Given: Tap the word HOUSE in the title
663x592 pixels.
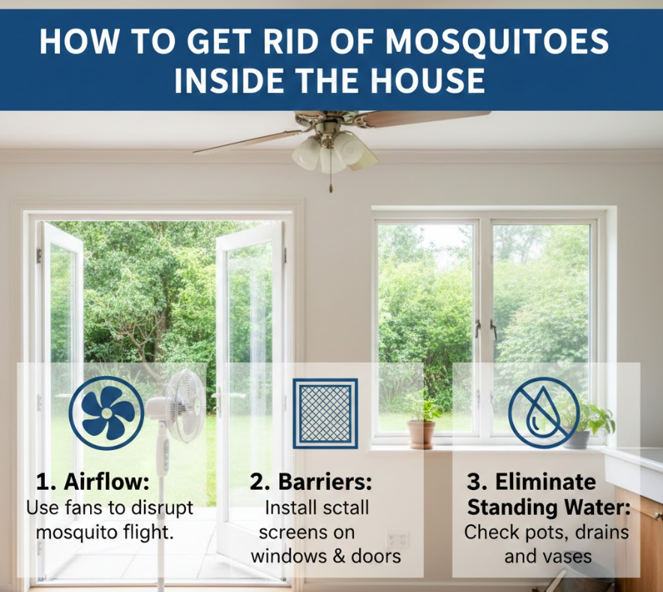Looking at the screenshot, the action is pos(428,80).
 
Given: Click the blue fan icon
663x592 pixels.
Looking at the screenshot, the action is pos(106,413).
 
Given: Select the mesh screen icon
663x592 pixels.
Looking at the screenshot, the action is pos(325,413).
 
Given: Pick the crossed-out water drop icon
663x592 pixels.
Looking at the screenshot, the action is pos(543,413).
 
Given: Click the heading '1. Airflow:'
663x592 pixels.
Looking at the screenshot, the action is pos(92,482).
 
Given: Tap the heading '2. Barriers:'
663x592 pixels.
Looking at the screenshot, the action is pos(310,482).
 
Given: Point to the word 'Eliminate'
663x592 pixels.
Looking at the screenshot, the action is pos(545,482).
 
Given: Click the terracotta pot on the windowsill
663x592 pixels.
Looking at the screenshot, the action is pos(421,434).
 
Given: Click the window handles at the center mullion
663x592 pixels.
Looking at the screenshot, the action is pos(486,329).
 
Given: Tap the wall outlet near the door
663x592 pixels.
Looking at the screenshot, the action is pos(398,540).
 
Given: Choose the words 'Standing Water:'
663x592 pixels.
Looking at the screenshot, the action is pos(549,507).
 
